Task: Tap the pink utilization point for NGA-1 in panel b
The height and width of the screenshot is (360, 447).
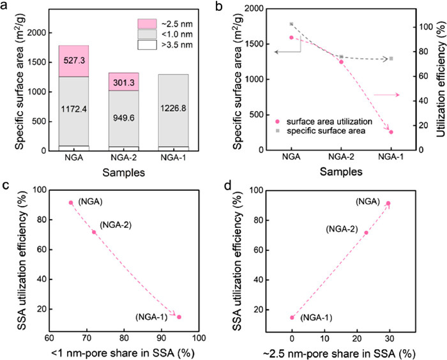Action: coord(391,132)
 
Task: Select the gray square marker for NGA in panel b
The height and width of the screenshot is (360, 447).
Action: coord(291,24)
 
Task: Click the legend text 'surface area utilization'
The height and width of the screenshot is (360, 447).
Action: coord(335,121)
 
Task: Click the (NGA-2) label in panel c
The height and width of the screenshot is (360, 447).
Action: coord(116,225)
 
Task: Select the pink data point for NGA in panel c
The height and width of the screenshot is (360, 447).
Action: coord(71,203)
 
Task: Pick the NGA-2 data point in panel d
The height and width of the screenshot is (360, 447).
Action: coord(366,232)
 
